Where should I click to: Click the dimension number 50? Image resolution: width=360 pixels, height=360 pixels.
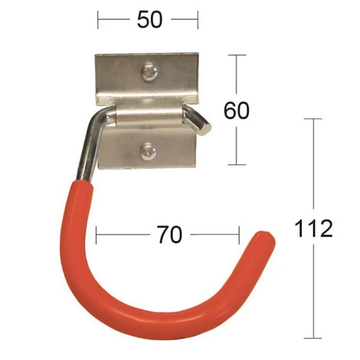click(x=150, y=19)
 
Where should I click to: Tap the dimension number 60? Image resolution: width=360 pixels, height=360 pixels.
click(x=237, y=111)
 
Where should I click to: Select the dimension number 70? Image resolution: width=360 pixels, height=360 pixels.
click(x=170, y=234)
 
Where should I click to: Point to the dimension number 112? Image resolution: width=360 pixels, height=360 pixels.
click(x=314, y=228)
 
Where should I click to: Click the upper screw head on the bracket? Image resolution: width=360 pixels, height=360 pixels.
click(x=150, y=73)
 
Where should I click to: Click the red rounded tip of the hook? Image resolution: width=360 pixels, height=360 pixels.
click(x=266, y=239)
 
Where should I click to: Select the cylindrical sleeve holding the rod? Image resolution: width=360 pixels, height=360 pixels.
click(x=149, y=115)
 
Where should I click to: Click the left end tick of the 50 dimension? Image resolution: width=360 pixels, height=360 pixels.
click(x=98, y=20)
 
